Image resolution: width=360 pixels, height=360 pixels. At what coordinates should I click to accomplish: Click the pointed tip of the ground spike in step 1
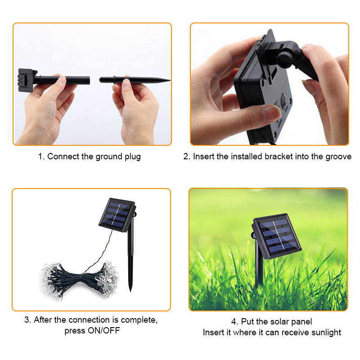(x=170, y=81)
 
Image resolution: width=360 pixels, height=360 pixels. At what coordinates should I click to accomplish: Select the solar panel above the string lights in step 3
(x=117, y=215)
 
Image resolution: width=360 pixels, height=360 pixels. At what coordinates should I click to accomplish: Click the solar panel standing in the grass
(x=276, y=237)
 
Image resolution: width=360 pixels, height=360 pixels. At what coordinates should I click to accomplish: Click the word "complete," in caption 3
(x=139, y=320)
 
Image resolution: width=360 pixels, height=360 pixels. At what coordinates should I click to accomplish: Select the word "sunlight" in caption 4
(x=326, y=333)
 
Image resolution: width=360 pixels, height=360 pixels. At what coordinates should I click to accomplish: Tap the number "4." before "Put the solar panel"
(x=235, y=322)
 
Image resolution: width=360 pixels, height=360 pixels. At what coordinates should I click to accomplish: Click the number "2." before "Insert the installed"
(x=187, y=157)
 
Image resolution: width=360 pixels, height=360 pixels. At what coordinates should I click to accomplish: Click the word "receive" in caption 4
(x=295, y=333)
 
